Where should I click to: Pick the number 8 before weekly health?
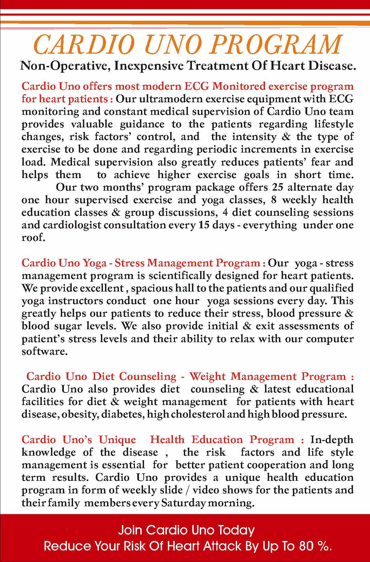(274, 200)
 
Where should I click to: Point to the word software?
(43, 351)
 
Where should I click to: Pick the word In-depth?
(332, 440)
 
